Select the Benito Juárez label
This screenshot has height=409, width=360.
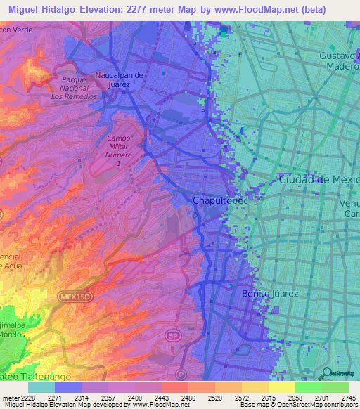point(270,293)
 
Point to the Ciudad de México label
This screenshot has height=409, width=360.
point(319,180)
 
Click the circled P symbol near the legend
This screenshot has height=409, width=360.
point(181,375)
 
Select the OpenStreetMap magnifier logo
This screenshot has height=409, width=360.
point(328,373)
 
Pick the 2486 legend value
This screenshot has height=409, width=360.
point(187,397)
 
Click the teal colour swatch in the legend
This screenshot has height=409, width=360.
point(41,387)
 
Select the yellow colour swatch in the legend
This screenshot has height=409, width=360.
point(281,387)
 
